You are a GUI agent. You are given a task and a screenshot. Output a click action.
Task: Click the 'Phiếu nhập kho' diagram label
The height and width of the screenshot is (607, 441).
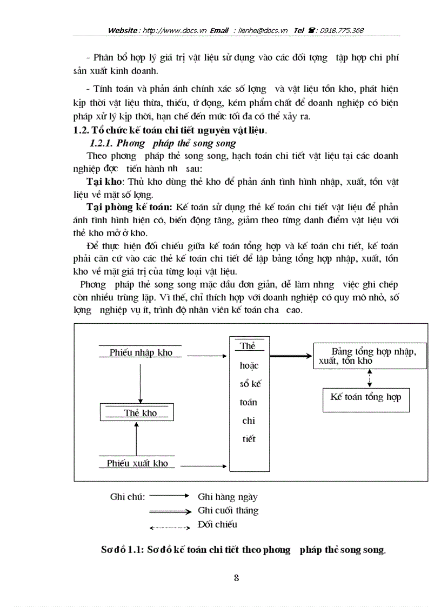(x=141, y=352)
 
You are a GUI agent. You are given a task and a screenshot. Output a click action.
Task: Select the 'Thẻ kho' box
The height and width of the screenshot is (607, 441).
(x=140, y=413)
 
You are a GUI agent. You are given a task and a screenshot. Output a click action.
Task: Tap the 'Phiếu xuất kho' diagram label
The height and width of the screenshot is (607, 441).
(x=137, y=463)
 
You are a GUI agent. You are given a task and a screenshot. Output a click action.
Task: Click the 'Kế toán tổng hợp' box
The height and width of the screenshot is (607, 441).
(x=366, y=397)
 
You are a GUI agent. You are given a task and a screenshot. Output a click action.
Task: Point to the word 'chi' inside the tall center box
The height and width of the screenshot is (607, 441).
(x=249, y=421)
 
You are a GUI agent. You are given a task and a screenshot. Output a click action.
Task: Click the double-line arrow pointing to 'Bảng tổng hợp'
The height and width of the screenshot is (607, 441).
(x=290, y=356)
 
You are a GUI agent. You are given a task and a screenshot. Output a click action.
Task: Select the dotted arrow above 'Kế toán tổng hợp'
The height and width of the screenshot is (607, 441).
(x=369, y=378)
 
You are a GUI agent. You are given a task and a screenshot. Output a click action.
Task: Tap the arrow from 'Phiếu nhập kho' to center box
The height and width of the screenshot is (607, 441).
(x=205, y=355)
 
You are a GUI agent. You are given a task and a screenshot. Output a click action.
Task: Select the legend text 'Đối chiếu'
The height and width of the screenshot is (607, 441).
(x=217, y=524)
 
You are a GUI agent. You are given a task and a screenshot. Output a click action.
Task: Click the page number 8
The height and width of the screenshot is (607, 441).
(x=236, y=577)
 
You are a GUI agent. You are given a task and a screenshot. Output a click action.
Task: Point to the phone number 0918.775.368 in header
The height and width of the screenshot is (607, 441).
(x=342, y=30)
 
